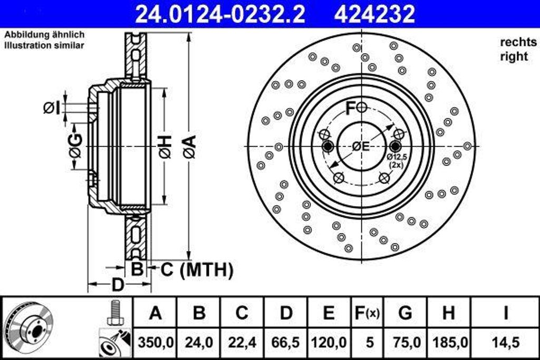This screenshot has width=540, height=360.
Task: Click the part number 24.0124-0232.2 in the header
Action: pos(220,14)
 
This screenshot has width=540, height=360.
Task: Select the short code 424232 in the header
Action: pos(375,14)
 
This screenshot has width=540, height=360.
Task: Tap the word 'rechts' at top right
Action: pos(518,42)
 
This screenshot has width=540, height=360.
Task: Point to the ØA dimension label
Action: pos(189,146)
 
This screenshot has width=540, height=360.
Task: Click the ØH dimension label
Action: pos(165,146)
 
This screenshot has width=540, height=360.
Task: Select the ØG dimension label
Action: pos(76,146)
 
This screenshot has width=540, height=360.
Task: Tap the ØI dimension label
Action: pos(52,108)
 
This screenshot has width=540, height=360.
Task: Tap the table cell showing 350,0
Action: pos(155,342)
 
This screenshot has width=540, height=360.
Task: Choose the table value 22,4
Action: pos(242,342)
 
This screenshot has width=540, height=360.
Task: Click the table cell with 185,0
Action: pos(448,342)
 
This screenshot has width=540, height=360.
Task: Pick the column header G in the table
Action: pos(405,313)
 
